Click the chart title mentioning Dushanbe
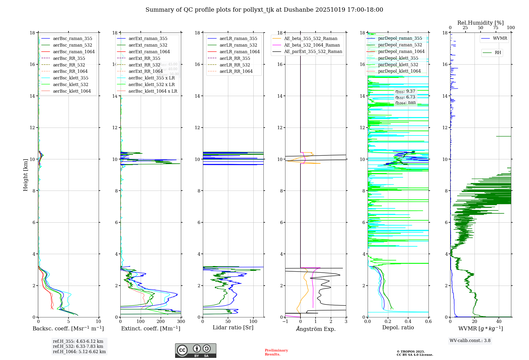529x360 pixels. (264, 10)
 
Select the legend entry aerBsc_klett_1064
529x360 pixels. (72, 91)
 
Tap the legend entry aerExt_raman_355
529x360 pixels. (148, 39)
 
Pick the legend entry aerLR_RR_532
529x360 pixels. (235, 65)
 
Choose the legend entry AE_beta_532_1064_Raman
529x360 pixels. (312, 45)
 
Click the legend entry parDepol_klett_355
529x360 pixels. (398, 58)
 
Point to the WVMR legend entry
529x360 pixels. (500, 38)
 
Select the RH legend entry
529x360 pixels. (498, 53)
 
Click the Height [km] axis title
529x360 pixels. (25, 175)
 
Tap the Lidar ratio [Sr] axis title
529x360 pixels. (233, 327)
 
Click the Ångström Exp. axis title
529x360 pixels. (316, 329)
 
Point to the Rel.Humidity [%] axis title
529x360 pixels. (480, 23)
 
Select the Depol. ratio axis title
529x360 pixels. (398, 327)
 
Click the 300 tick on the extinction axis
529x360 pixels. (181, 321)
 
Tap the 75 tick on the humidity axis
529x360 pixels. (496, 28)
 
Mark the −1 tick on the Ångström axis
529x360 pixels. (285, 321)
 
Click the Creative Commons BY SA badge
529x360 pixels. (195, 350)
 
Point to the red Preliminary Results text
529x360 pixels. (276, 352)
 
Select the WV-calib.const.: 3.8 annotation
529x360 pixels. (470, 341)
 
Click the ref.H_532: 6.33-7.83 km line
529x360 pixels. (78, 346)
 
